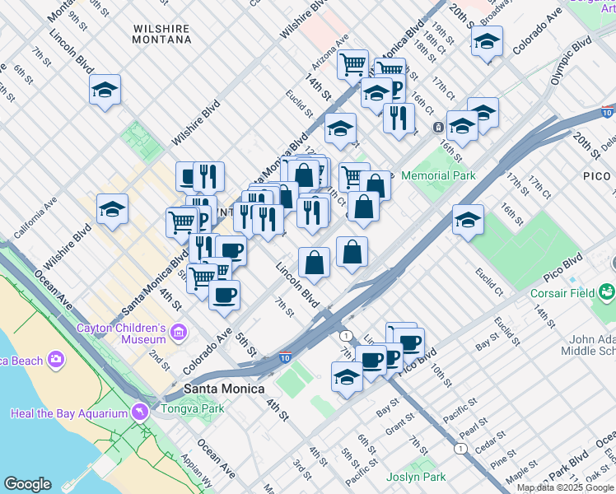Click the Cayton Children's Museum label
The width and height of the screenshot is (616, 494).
coord(121,333)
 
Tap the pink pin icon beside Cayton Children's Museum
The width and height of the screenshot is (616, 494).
coord(180,332)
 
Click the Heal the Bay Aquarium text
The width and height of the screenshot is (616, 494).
coord(69,413)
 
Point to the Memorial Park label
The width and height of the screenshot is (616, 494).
coord(437,175)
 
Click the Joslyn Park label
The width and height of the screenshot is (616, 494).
coord(416,477)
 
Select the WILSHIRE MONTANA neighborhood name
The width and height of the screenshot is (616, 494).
coord(161,34)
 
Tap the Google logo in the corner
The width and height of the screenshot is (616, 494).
coord(27,484)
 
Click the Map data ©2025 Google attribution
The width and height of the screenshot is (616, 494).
coord(566,487)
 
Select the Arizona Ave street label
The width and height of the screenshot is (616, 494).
coord(330,52)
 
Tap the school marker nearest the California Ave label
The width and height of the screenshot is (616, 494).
coord(112,210)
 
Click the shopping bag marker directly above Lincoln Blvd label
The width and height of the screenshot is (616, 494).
coord(314,262)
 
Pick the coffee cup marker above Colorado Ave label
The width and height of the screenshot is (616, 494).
coord(224,295)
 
